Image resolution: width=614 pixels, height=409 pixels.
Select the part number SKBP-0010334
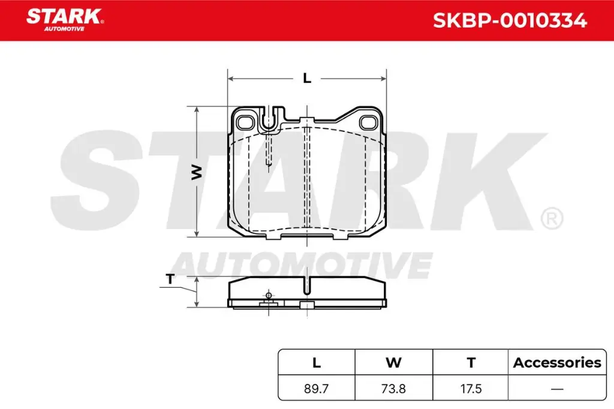click(510, 20)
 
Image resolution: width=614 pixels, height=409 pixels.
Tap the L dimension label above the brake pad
click(307, 78)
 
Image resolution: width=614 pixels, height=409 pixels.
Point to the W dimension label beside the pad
click(196, 172)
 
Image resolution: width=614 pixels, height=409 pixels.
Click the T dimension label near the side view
click(170, 279)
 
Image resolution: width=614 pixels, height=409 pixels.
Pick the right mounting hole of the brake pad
click(368, 122)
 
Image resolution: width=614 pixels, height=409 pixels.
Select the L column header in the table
click(317, 362)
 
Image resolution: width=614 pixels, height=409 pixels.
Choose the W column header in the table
click(393, 362)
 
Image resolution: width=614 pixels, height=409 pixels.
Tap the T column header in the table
click(471, 362)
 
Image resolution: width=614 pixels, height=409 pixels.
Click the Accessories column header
click(557, 362)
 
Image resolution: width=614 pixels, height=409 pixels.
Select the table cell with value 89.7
click(317, 389)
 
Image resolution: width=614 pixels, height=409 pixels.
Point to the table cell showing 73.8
click(393, 389)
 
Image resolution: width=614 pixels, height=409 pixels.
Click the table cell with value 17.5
click(471, 389)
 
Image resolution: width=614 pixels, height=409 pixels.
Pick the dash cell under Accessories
click(557, 389)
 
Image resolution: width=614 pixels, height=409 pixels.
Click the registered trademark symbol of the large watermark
click(551, 218)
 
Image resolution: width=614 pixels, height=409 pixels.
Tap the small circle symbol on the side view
click(268, 295)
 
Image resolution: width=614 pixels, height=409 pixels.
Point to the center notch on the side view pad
click(307, 285)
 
